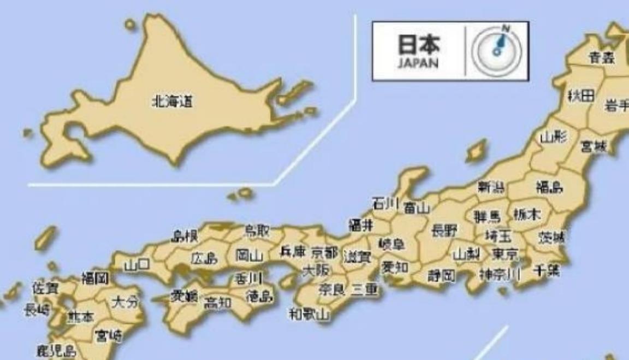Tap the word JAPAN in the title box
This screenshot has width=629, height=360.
418,63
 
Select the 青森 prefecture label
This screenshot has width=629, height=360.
601,57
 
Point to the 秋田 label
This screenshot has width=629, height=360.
580,96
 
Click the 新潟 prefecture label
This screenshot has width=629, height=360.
491,187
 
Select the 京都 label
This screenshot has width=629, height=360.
324,252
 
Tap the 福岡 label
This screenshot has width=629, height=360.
95,279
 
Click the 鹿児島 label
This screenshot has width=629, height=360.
56,350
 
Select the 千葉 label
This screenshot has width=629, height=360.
546,271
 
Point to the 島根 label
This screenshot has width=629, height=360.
185,236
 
